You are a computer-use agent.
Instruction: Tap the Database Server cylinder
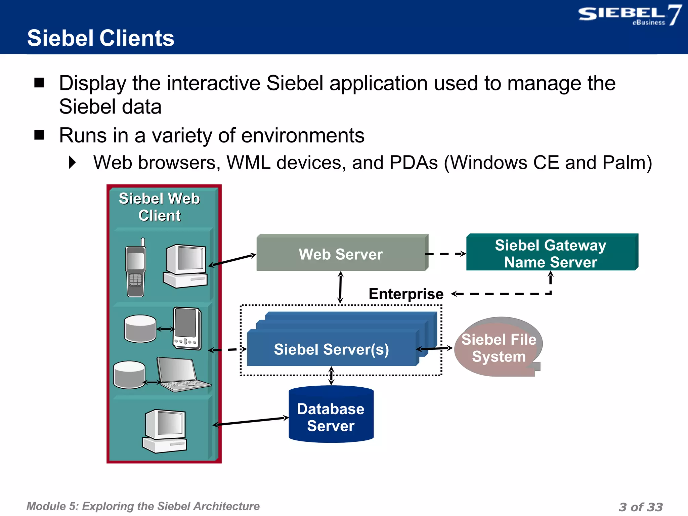(x=331, y=417)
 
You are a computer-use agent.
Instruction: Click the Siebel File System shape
(x=498, y=348)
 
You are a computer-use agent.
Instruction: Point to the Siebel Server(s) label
(x=331, y=349)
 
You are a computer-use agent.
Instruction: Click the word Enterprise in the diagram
(x=406, y=294)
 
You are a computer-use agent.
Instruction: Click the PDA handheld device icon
(x=187, y=329)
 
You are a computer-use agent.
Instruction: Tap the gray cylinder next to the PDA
(x=140, y=329)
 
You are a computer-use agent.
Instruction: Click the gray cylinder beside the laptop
(x=129, y=375)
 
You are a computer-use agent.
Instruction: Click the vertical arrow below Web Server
(x=340, y=288)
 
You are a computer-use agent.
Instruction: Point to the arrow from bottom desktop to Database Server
(x=251, y=422)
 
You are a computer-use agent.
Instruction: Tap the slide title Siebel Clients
(x=101, y=38)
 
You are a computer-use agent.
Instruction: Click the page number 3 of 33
(x=641, y=507)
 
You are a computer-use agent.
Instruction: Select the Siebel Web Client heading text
(x=160, y=207)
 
